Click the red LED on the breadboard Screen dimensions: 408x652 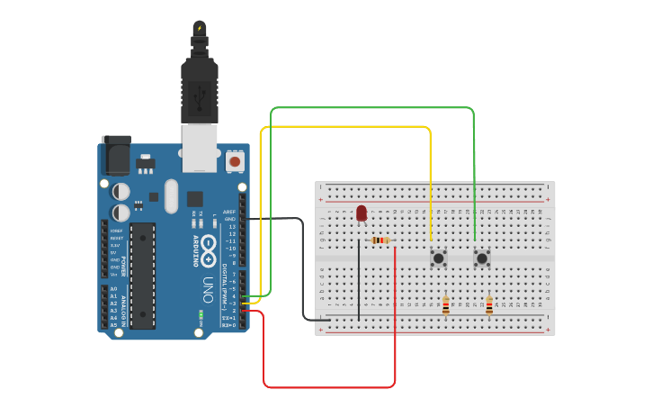tap(362, 213)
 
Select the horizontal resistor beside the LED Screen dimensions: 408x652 tap(381, 240)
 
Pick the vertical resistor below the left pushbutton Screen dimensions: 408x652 tap(445, 306)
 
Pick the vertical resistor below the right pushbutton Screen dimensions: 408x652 tap(489, 306)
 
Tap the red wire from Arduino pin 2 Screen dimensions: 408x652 tap(329, 387)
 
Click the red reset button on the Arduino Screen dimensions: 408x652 tap(235, 162)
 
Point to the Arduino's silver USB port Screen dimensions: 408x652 tap(200, 147)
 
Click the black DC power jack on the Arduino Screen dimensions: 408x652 tap(115, 156)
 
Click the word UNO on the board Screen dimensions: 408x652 tap(206, 288)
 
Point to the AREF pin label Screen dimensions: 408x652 tap(230, 212)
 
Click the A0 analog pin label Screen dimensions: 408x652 tap(113, 289)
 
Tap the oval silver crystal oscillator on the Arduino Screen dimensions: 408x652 tap(171, 195)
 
